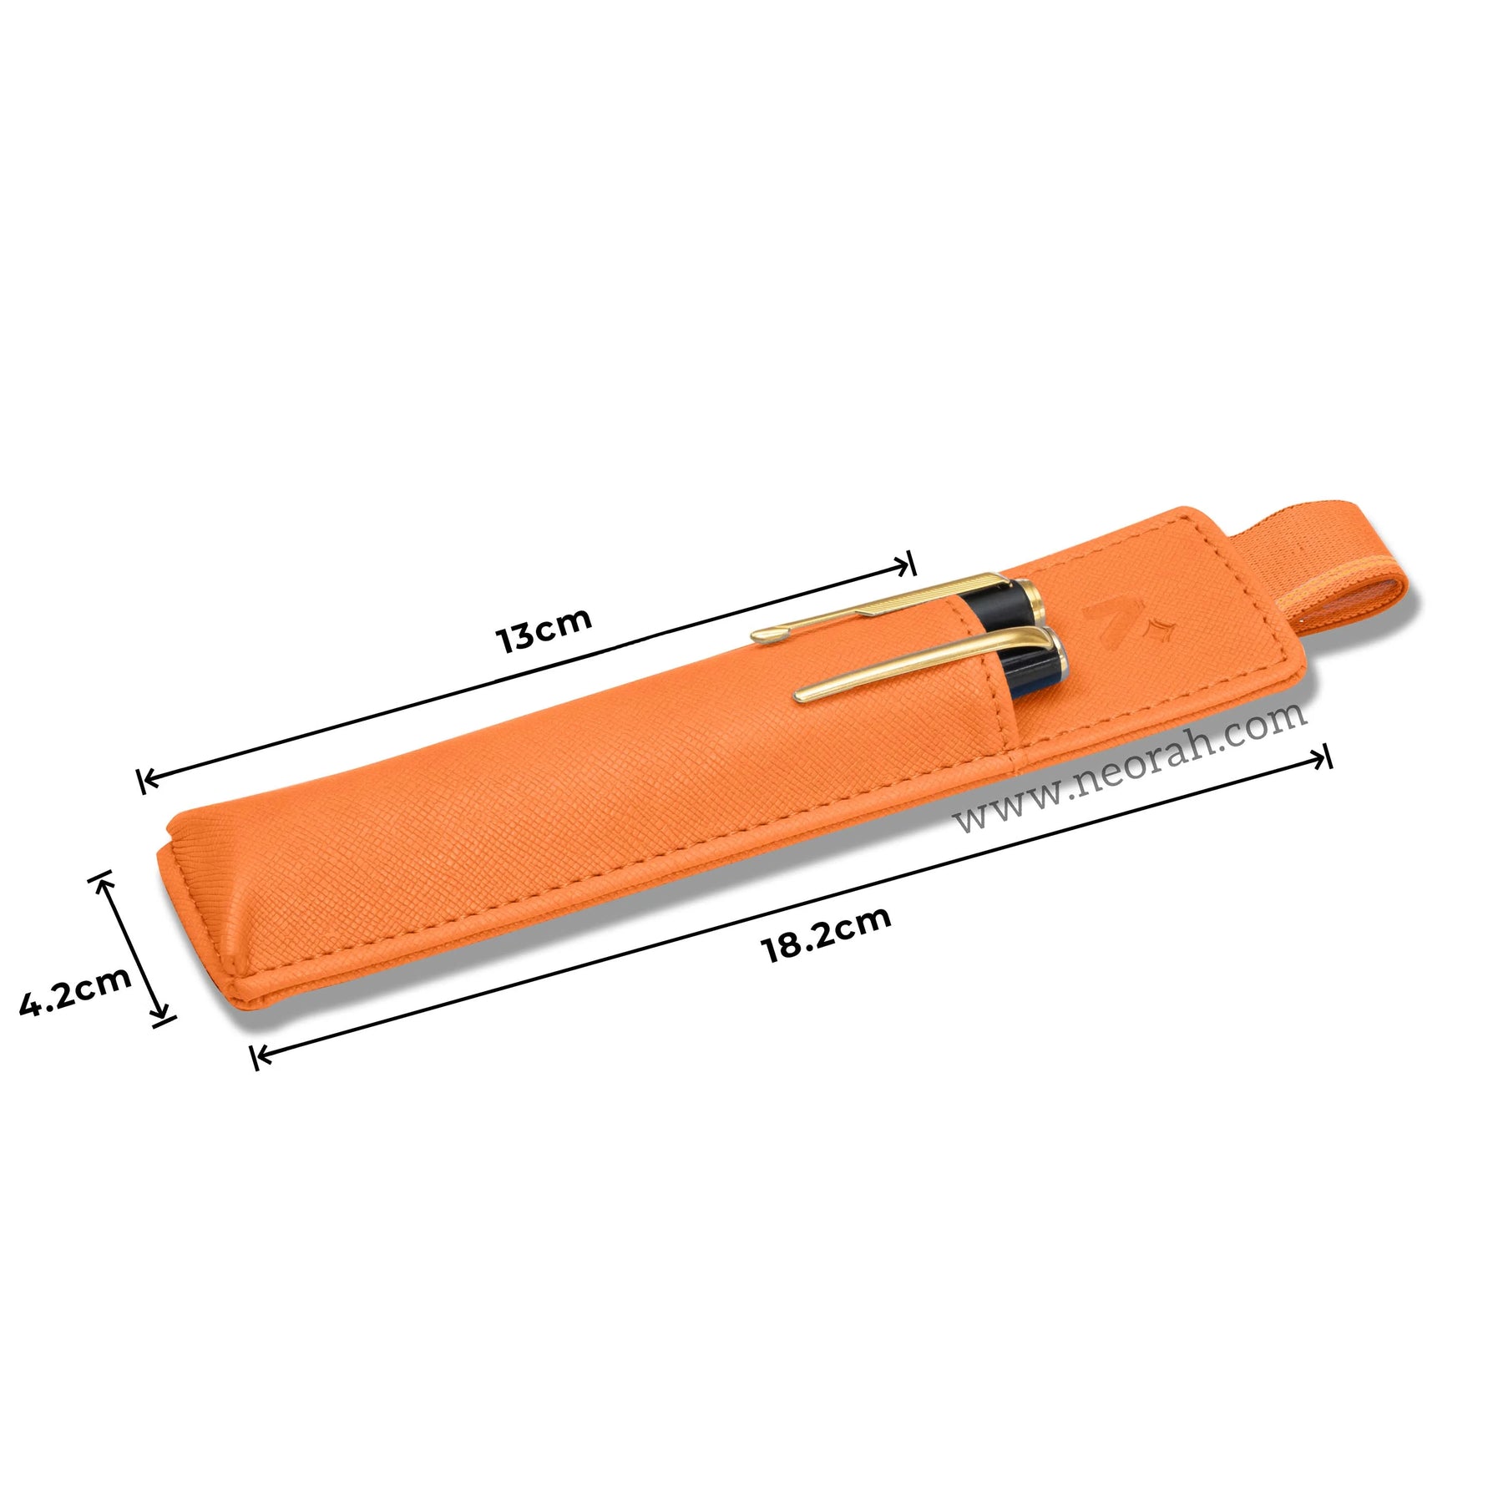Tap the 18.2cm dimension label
pos(827,934)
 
